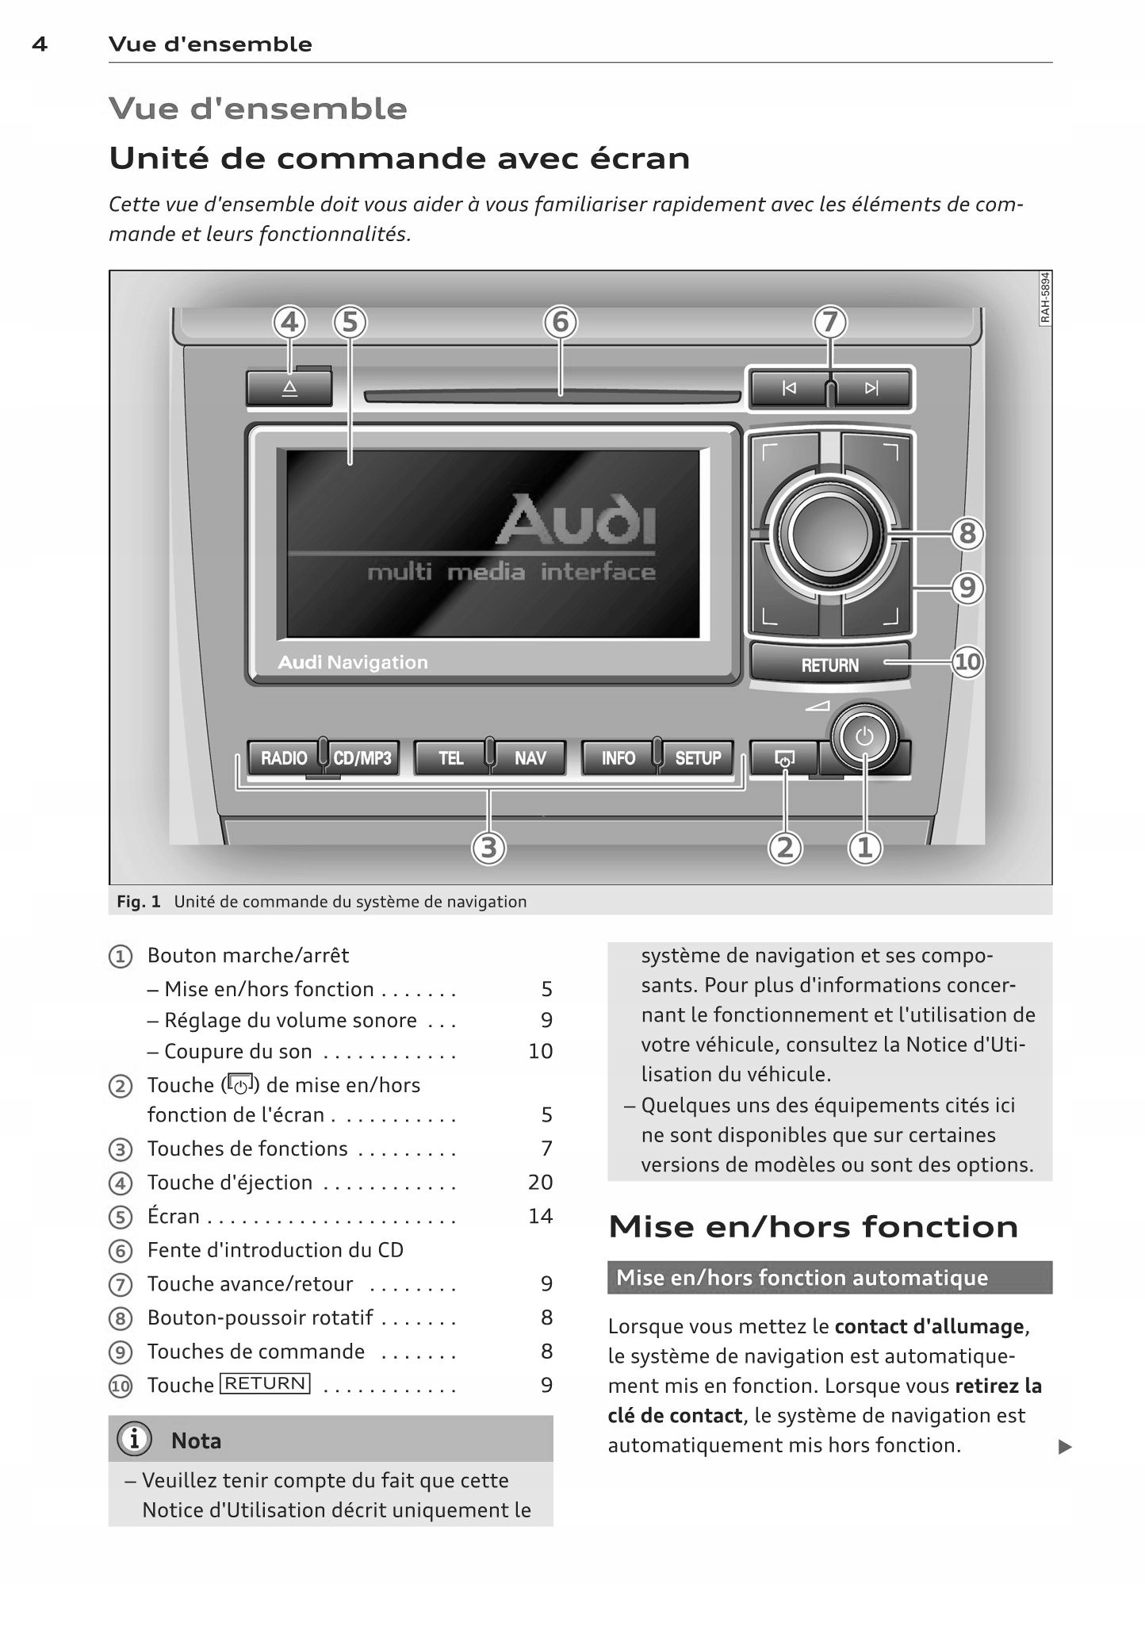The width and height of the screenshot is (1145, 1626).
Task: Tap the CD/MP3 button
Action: [362, 758]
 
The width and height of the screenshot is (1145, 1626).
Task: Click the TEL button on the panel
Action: [450, 758]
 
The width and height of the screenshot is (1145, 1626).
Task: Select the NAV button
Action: [530, 758]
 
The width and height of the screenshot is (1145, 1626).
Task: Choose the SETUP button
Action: [698, 758]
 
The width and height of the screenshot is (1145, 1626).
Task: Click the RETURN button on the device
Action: [829, 665]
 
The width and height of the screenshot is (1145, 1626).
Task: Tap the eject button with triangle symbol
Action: [289, 389]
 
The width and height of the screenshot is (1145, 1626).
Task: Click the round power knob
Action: [864, 737]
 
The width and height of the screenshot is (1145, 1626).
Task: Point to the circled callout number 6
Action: [561, 323]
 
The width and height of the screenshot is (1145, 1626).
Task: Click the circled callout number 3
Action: [489, 848]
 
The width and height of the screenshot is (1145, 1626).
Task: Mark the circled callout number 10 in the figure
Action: [967, 662]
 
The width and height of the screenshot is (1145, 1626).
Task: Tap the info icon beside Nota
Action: [134, 1439]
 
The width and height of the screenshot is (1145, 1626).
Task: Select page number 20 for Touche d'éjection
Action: [540, 1182]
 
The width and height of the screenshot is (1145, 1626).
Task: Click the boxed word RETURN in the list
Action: [265, 1383]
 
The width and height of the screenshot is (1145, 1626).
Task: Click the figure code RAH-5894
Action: [1045, 297]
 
